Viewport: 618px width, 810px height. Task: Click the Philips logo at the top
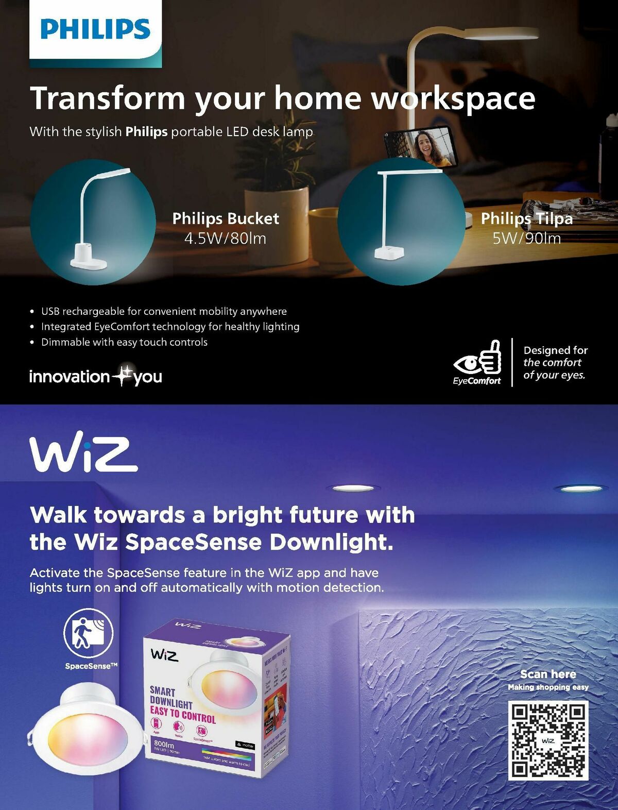(x=95, y=29)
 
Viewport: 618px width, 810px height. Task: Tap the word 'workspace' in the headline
(x=453, y=98)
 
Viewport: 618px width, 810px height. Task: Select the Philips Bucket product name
(x=226, y=218)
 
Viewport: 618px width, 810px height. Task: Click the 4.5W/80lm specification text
(x=225, y=239)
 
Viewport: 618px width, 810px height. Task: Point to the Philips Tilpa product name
(x=526, y=218)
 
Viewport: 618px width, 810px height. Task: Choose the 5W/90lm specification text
(x=526, y=239)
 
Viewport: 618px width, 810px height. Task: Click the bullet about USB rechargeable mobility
(x=164, y=311)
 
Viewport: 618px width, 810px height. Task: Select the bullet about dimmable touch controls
(x=124, y=342)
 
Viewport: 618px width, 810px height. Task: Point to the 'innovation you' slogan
(x=96, y=376)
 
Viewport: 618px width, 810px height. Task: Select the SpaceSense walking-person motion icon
(x=89, y=633)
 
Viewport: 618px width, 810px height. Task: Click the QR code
(x=548, y=740)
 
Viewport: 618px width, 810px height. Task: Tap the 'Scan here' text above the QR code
(x=548, y=674)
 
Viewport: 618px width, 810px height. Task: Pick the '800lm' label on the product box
(x=164, y=744)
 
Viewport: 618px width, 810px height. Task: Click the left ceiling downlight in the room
(x=353, y=487)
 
